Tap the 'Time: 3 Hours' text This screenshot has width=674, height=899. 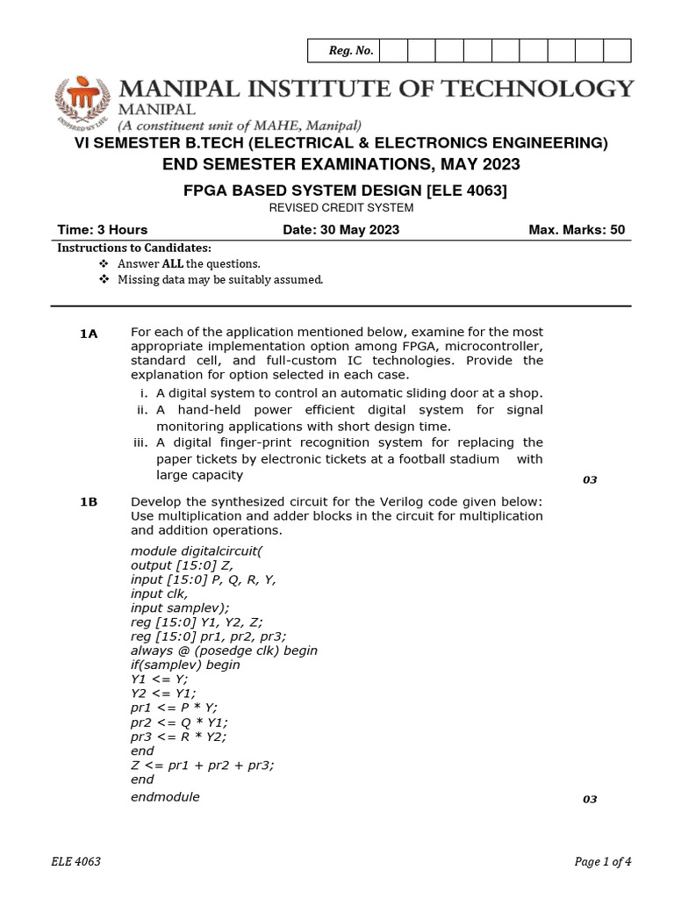[103, 230]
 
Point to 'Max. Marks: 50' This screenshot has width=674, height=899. [577, 230]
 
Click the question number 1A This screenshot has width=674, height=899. [89, 334]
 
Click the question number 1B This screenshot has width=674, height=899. [89, 501]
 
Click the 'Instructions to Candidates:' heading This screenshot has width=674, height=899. [134, 248]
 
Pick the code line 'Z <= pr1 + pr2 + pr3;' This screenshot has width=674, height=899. [202, 765]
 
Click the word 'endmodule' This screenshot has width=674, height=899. [165, 796]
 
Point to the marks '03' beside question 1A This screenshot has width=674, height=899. [590, 480]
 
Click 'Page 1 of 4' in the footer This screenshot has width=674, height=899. [602, 861]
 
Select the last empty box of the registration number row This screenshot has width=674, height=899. [617, 51]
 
